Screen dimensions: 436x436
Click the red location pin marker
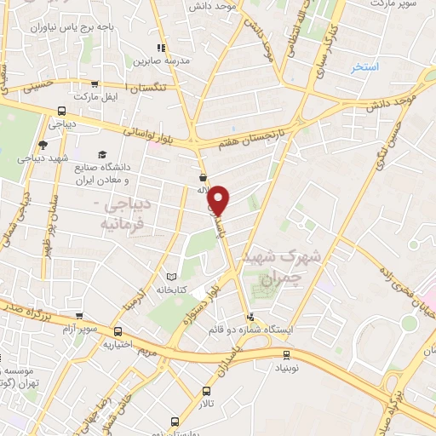point(220,199)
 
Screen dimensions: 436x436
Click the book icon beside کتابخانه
point(173,276)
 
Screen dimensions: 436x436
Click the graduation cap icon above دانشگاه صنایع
point(102,154)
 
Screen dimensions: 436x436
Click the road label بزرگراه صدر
point(26,312)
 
